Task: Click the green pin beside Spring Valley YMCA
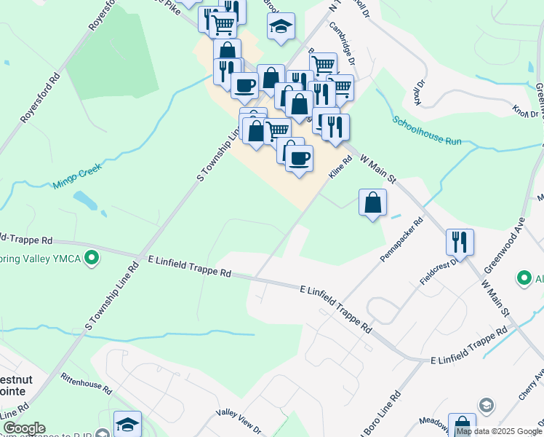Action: point(92,257)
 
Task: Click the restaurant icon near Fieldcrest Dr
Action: point(460,241)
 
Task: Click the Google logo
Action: point(23,429)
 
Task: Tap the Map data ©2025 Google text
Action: point(498,432)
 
